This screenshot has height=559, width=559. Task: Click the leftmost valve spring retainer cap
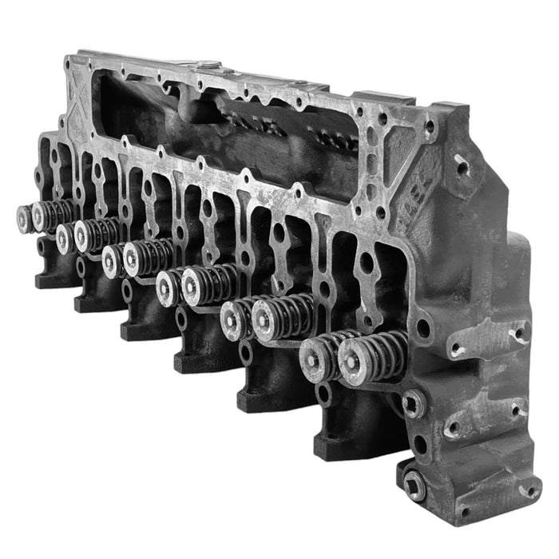click(24, 218)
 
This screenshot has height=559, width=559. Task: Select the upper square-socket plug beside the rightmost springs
click(414, 403)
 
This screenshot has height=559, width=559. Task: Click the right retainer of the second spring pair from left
click(85, 235)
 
